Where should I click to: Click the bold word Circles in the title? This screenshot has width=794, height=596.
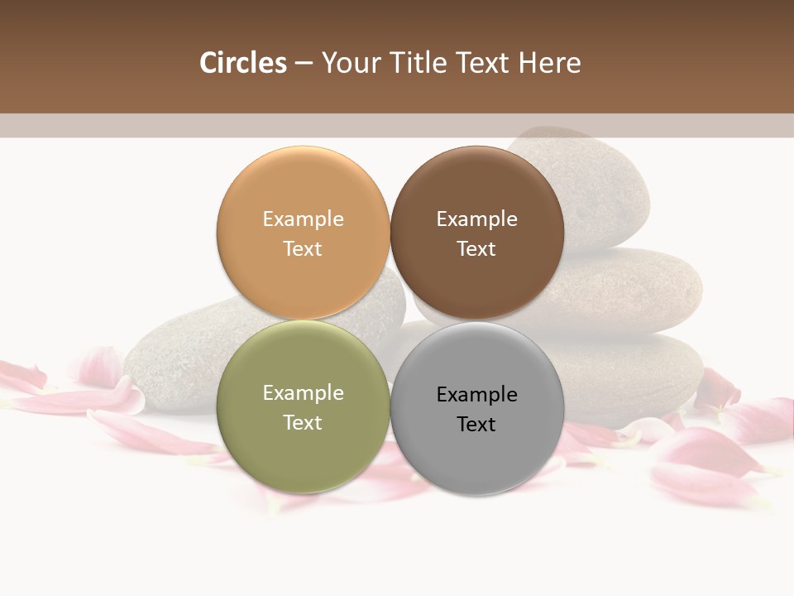tap(243, 63)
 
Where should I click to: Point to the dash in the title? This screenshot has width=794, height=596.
tap(304, 64)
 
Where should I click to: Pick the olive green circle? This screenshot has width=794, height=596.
tap(303, 447)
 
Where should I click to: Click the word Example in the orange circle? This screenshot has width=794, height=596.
tap(303, 219)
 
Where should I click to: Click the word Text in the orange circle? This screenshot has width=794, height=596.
tap(303, 249)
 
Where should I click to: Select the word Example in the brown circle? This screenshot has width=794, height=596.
tap(476, 219)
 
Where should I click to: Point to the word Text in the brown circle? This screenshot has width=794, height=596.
tap(476, 249)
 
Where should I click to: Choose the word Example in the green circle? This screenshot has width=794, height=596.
tap(303, 393)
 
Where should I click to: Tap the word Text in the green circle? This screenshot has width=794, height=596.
tap(303, 423)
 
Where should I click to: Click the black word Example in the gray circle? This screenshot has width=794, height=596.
tap(476, 395)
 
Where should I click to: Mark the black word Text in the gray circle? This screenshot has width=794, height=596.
tap(476, 425)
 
